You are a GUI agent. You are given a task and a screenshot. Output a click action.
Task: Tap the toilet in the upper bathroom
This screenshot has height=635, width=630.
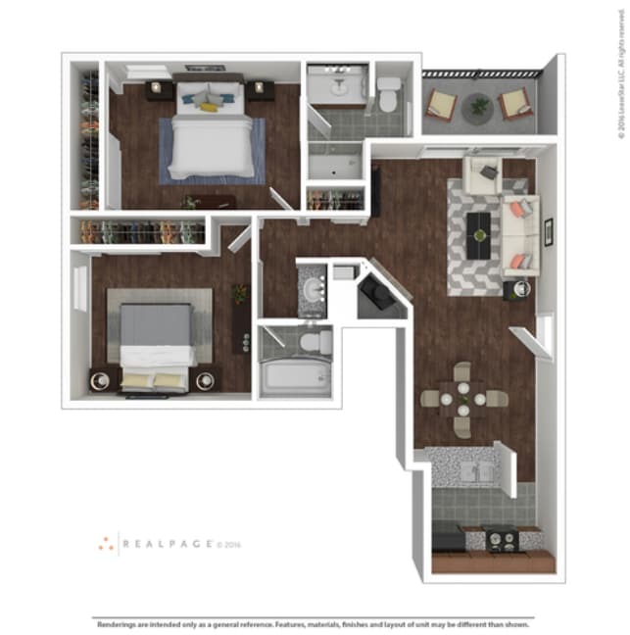(390, 94)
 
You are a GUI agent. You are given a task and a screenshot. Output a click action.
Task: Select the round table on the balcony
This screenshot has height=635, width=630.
(479, 105)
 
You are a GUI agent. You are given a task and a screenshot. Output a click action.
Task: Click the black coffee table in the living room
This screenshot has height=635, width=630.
(477, 235)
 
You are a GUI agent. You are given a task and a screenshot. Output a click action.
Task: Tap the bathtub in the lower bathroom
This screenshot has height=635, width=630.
(294, 377)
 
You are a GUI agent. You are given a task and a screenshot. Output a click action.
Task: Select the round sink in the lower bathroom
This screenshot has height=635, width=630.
(314, 291)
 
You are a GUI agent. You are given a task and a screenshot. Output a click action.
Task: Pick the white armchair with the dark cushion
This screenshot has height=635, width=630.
(484, 175)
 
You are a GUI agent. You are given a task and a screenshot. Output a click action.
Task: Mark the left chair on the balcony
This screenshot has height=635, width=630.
(441, 103)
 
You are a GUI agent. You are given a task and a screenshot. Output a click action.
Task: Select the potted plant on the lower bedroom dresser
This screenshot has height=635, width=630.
(237, 295)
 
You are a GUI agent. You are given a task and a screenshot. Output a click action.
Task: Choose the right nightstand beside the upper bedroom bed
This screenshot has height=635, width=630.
(260, 90)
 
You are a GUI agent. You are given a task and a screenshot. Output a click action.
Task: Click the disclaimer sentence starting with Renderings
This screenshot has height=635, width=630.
(315, 622)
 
